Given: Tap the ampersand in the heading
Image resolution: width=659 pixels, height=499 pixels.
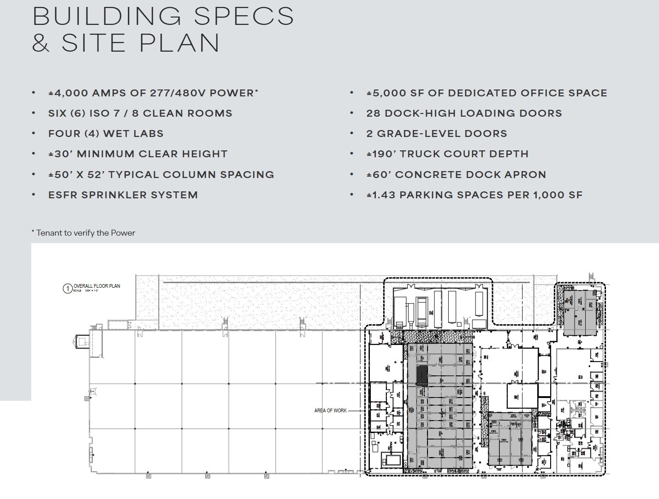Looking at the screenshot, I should click(x=41, y=42).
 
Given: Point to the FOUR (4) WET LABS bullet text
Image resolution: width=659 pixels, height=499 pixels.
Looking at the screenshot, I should click(x=106, y=134).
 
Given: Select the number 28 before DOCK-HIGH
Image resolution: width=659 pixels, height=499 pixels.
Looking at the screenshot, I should click(x=374, y=113).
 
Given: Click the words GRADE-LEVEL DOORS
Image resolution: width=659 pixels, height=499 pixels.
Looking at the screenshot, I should click(x=442, y=134).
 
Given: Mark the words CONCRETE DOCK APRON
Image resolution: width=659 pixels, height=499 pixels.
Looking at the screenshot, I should click(x=470, y=175).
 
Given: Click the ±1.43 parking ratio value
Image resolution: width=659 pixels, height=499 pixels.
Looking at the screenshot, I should click(x=381, y=195).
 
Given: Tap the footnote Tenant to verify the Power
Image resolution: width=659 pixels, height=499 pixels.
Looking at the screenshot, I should click(x=85, y=233).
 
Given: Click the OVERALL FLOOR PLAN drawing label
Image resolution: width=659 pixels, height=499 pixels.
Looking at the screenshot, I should click(x=97, y=286).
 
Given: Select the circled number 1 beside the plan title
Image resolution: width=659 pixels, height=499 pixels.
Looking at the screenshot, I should click(x=67, y=289).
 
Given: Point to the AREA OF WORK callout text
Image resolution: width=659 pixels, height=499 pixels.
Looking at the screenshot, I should click(x=330, y=410).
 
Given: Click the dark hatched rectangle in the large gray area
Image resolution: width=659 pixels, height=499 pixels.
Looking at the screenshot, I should click(x=422, y=375).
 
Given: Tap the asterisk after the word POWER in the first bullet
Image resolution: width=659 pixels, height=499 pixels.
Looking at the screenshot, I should click(x=256, y=91).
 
